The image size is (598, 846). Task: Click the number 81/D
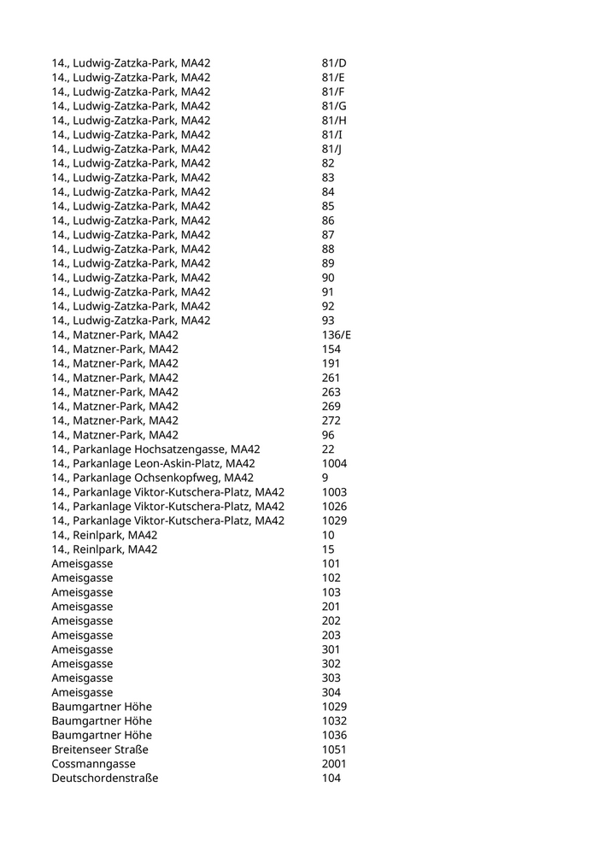pyautogui.click(x=334, y=63)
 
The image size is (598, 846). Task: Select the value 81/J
pyautogui.click(x=331, y=149)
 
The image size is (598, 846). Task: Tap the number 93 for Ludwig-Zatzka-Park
pyautogui.click(x=329, y=320)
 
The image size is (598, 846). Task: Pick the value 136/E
pyautogui.click(x=337, y=335)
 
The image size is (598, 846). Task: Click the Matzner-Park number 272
pyautogui.click(x=331, y=420)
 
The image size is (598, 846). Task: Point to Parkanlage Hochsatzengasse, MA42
pyautogui.click(x=155, y=449)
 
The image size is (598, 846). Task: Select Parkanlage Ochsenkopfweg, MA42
pyautogui.click(x=152, y=478)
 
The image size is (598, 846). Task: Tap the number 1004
pyautogui.click(x=334, y=464)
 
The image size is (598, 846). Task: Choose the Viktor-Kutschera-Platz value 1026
pyautogui.click(x=334, y=507)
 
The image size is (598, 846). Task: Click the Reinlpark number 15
pyautogui.click(x=329, y=549)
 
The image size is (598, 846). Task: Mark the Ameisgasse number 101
pyautogui.click(x=331, y=564)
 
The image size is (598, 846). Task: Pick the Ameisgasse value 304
pyautogui.click(x=331, y=692)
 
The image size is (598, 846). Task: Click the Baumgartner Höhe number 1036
pyautogui.click(x=334, y=735)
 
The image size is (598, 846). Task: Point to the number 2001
pyautogui.click(x=334, y=764)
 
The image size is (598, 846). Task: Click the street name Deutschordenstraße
pyautogui.click(x=104, y=778)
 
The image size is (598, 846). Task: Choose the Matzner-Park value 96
pyautogui.click(x=329, y=435)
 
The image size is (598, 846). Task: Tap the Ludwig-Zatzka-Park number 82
pyautogui.click(x=329, y=163)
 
